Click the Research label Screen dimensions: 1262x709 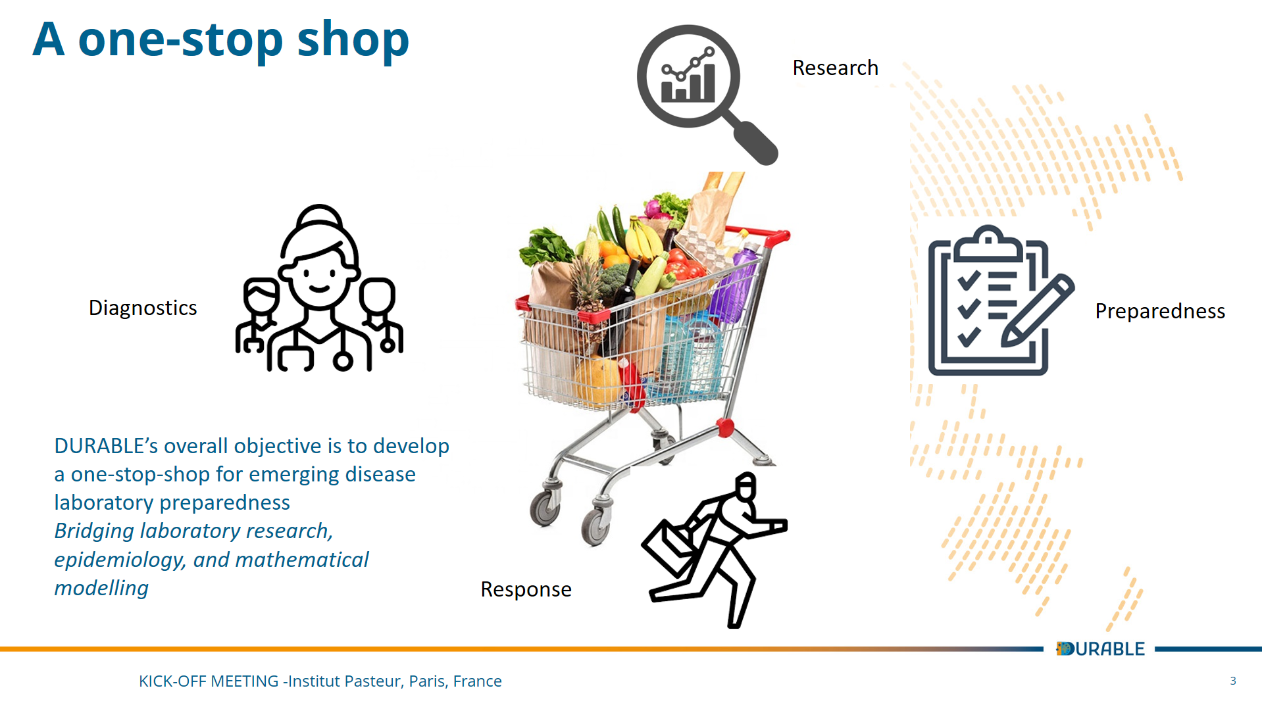(x=835, y=68)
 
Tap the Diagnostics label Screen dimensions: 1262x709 (x=143, y=308)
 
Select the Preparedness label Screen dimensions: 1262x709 (x=1160, y=311)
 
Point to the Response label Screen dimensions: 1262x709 (x=526, y=589)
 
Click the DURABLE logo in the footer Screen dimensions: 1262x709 (x=1100, y=649)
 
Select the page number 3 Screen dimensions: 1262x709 (x=1233, y=681)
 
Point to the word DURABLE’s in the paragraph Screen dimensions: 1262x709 (x=106, y=446)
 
